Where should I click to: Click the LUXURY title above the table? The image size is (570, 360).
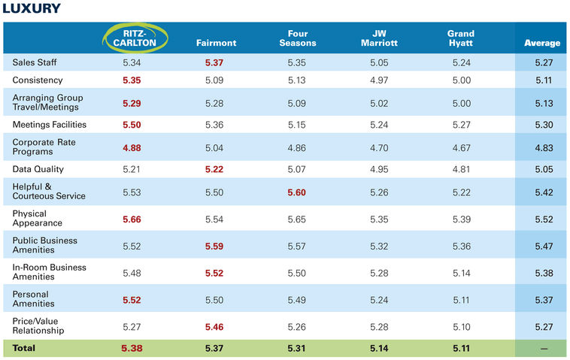(x=32, y=9)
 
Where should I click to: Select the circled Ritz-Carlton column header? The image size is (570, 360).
(x=132, y=38)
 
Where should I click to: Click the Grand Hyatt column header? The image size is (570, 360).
(x=460, y=38)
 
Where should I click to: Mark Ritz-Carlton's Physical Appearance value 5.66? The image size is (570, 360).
(x=132, y=219)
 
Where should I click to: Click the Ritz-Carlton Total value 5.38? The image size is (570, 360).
(x=132, y=348)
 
